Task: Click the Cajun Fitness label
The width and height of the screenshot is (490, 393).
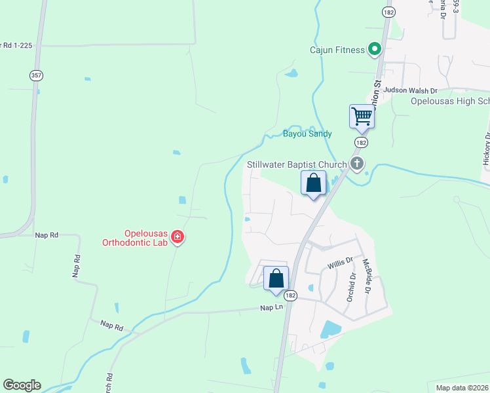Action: point(337,50)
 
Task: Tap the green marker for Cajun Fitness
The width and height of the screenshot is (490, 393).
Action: point(375,48)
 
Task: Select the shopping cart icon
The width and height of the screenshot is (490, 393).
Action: point(362,117)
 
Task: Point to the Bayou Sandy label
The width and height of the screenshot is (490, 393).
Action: point(307,134)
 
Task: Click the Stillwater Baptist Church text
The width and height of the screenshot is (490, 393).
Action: point(296,164)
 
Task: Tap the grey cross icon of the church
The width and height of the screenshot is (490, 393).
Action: point(357,163)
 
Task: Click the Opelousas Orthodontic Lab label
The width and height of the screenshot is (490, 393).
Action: point(136,237)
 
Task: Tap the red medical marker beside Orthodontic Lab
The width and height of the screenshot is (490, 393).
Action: point(178,237)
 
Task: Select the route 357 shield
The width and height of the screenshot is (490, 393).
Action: point(36,76)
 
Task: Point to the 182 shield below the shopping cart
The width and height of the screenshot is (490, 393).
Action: point(361,142)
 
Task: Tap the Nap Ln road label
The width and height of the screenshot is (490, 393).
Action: point(271,307)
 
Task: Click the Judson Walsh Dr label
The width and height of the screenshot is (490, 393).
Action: point(410,90)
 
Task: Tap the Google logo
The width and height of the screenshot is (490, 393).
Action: point(22,385)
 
